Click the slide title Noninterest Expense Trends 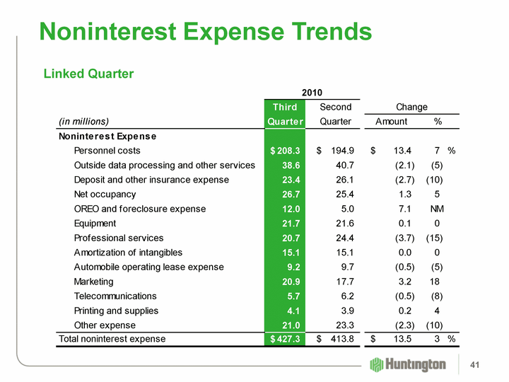(205, 31)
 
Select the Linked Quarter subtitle (88, 74)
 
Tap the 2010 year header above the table (312, 93)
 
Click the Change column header (411, 107)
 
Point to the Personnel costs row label (107, 151)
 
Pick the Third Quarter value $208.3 (286, 151)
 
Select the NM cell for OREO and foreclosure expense (437, 209)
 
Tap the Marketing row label (95, 282)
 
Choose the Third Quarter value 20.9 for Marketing (289, 282)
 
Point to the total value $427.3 (286, 339)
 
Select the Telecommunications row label (115, 296)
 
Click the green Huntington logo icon (377, 364)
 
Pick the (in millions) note (83, 121)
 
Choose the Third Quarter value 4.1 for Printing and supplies (292, 311)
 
